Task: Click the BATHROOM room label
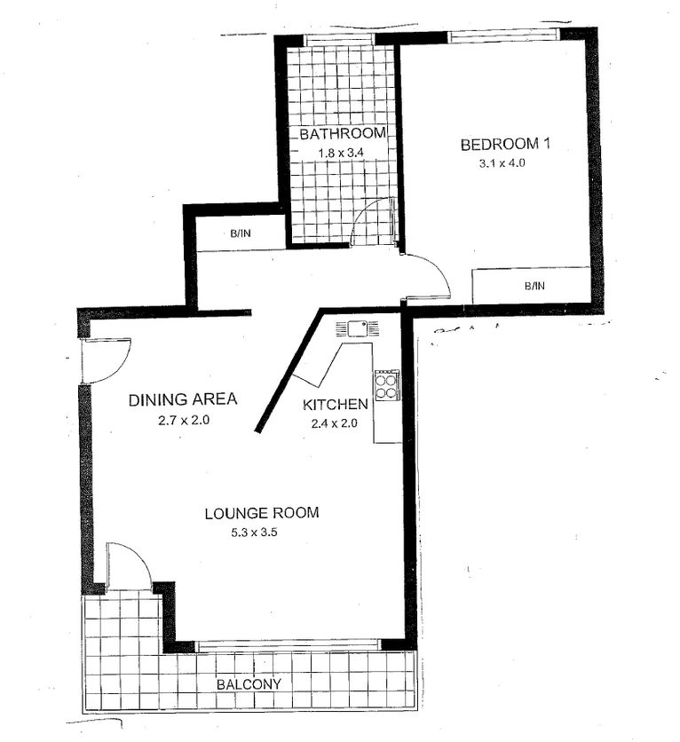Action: pos(342,134)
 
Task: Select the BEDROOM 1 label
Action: pos(505,145)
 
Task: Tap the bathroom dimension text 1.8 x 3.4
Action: pos(342,153)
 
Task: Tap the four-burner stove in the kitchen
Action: pos(387,384)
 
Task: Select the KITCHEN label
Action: pos(336,405)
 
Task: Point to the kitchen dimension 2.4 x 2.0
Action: pos(336,423)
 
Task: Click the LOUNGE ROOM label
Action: pos(261,513)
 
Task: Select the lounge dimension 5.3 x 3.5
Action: pos(261,533)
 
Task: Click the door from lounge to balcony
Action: pos(128,567)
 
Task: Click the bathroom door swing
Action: pos(373,222)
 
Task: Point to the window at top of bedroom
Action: pos(502,36)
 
